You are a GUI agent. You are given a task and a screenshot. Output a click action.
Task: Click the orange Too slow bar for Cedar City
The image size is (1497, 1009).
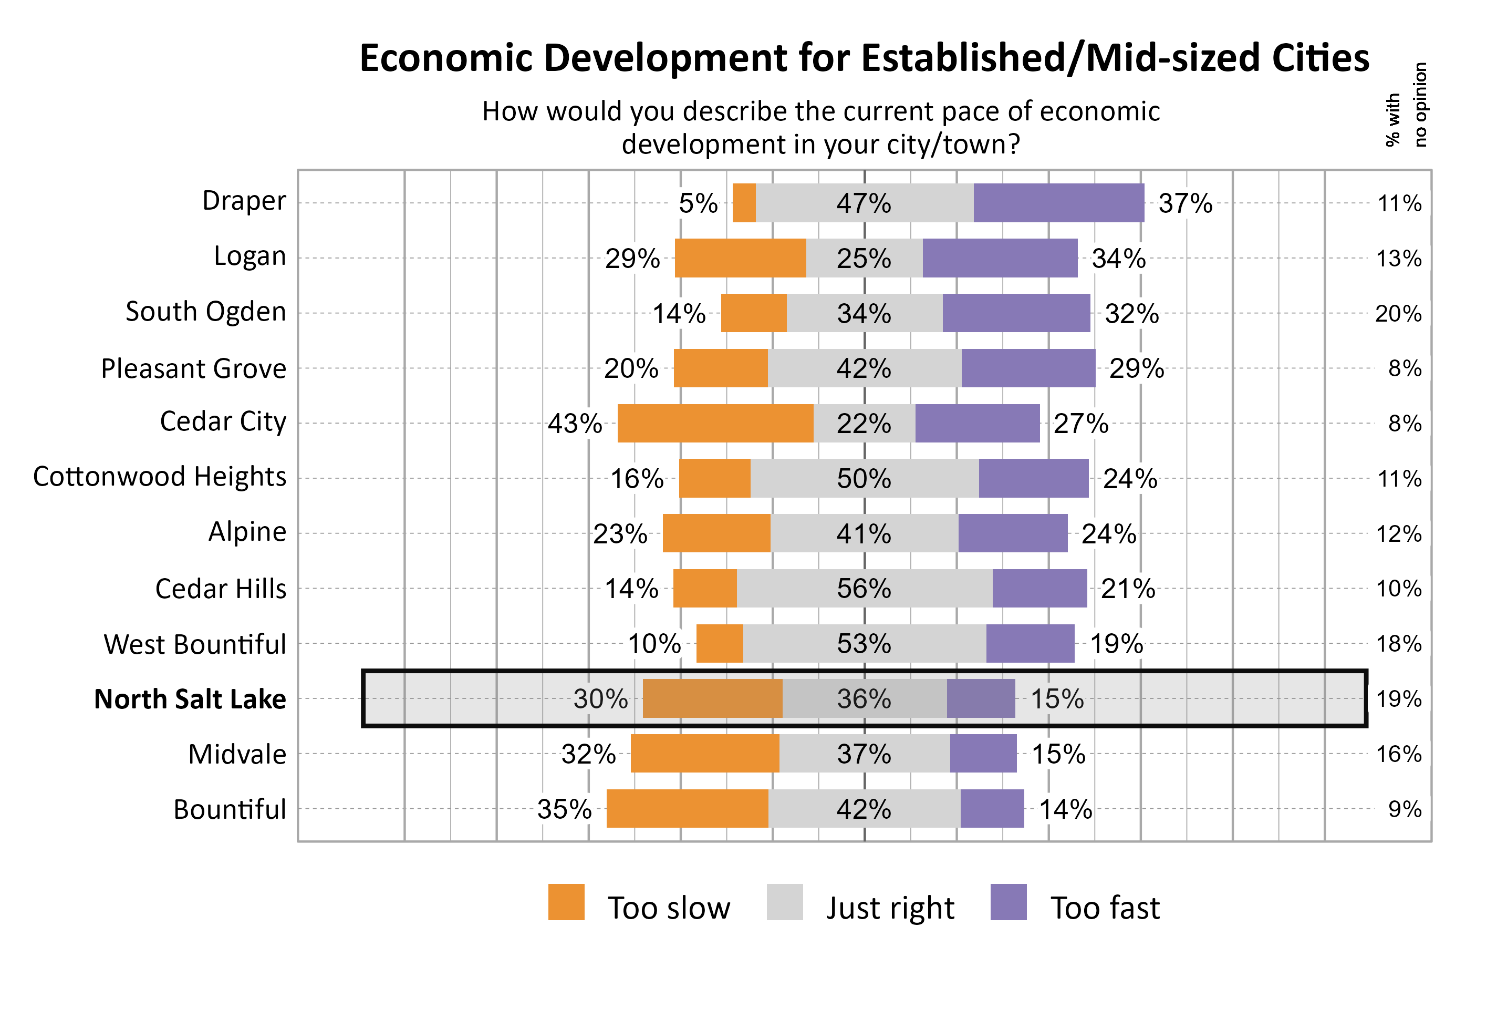[715, 424]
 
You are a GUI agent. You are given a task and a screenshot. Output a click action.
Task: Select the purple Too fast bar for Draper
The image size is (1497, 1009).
[1058, 203]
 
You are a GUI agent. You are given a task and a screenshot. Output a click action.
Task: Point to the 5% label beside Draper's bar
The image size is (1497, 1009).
[698, 203]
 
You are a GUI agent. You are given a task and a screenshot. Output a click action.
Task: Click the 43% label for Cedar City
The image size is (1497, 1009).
[574, 424]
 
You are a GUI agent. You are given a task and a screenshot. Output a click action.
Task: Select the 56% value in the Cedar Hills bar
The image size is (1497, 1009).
[864, 588]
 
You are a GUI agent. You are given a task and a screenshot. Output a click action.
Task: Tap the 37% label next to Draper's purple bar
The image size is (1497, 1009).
[1184, 203]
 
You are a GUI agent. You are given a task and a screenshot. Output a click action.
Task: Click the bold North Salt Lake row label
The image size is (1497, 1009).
[190, 699]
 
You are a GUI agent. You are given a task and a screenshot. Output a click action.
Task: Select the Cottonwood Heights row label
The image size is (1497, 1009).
[160, 477]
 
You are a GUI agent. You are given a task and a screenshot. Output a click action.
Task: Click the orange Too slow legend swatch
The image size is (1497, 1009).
[566, 902]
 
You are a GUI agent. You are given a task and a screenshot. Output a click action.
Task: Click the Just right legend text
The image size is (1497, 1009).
[889, 908]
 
